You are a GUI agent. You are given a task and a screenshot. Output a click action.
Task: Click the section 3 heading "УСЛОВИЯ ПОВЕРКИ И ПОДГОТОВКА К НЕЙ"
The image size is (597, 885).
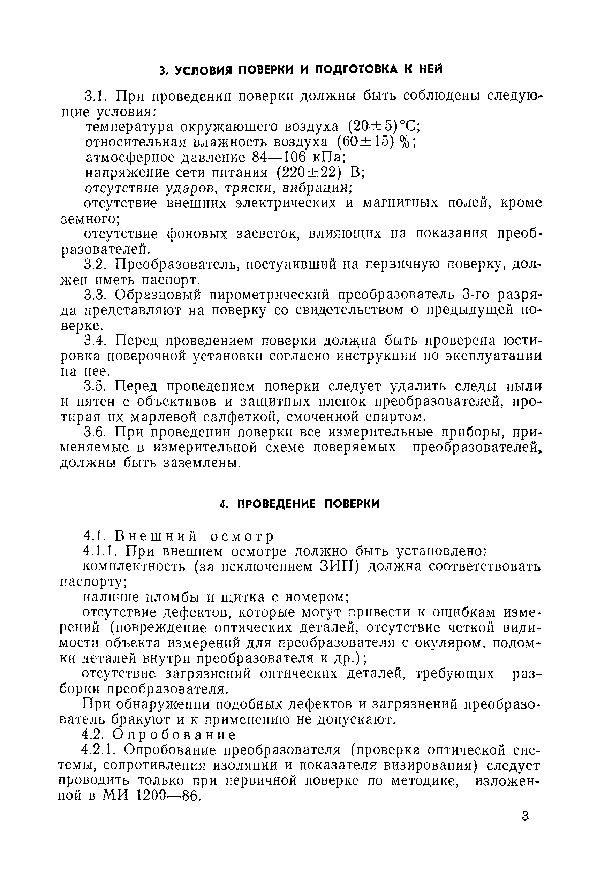coord(301,70)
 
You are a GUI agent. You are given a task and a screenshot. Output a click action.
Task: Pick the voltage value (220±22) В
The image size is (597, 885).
coord(319,173)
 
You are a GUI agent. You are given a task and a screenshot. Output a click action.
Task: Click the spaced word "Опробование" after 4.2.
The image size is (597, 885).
coord(174,734)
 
